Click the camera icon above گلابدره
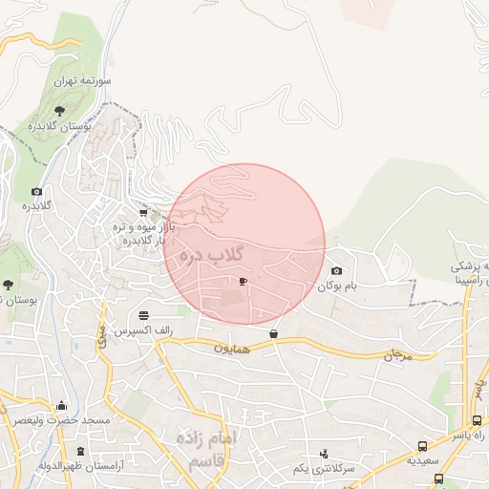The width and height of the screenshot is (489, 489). point(37,191)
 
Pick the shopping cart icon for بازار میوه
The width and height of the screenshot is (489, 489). point(143,213)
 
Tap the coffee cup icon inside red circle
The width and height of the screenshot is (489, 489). point(243,282)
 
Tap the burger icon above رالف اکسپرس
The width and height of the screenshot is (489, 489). point(143,314)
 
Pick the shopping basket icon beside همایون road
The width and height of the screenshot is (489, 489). point(275,334)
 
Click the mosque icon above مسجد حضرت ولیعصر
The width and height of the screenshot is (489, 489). point(62,405)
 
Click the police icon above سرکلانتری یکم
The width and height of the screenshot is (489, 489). point(325,454)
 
